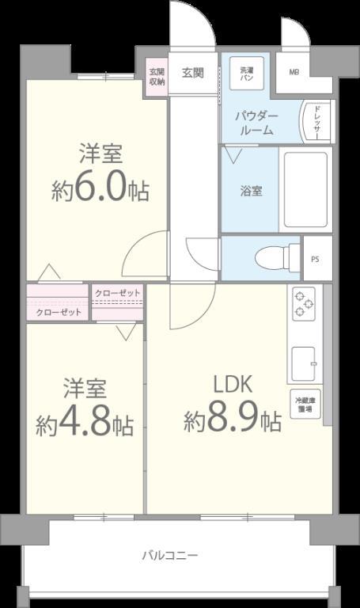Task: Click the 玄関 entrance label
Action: point(193,73)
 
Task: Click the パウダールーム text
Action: point(255,122)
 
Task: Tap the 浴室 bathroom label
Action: point(252,191)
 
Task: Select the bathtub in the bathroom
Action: point(305,190)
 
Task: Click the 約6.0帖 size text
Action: point(100,189)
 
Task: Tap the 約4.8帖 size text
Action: point(84,424)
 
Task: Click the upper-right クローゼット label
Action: point(117,294)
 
